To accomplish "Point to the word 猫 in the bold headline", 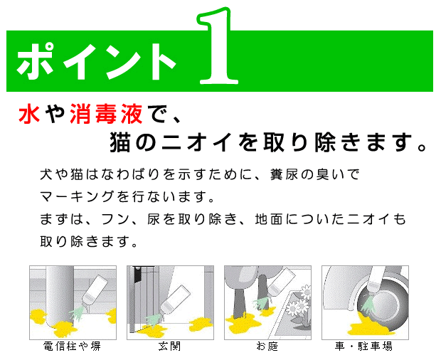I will click(122, 141).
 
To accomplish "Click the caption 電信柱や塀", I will click(71, 348).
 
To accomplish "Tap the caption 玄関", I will click(169, 348).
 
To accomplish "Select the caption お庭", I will click(266, 348).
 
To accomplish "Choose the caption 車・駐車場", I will click(363, 348).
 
